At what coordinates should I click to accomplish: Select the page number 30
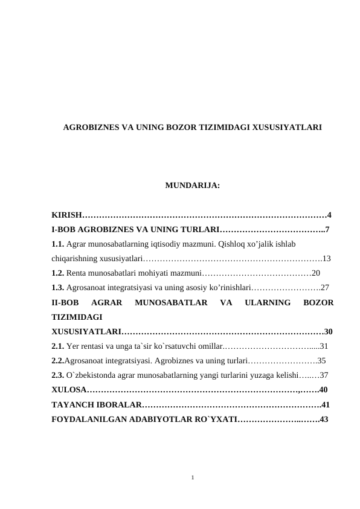pyautogui.click(x=329, y=331)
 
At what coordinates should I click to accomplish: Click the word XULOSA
pyautogui.click(x=68, y=389)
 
